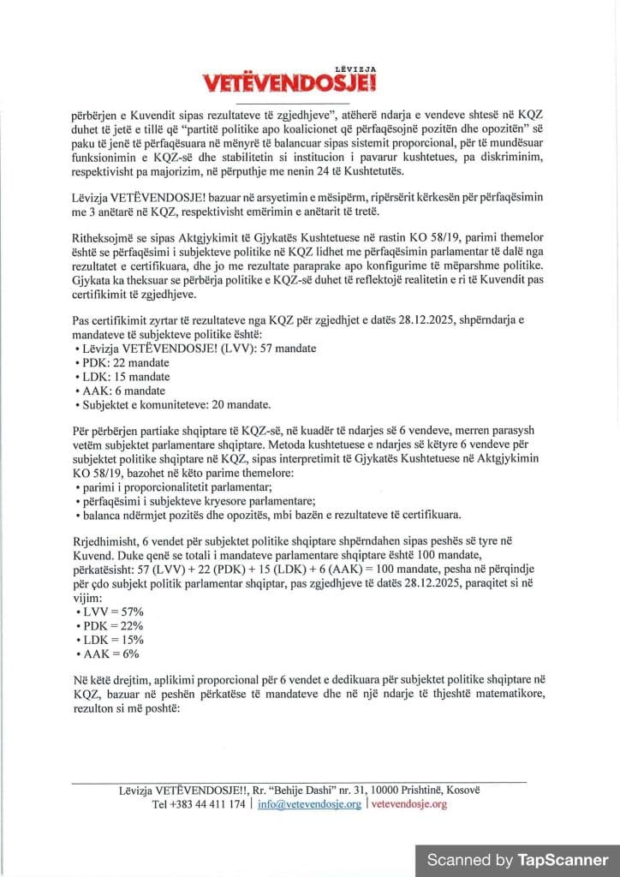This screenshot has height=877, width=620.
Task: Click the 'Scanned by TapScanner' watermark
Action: [x=517, y=859]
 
